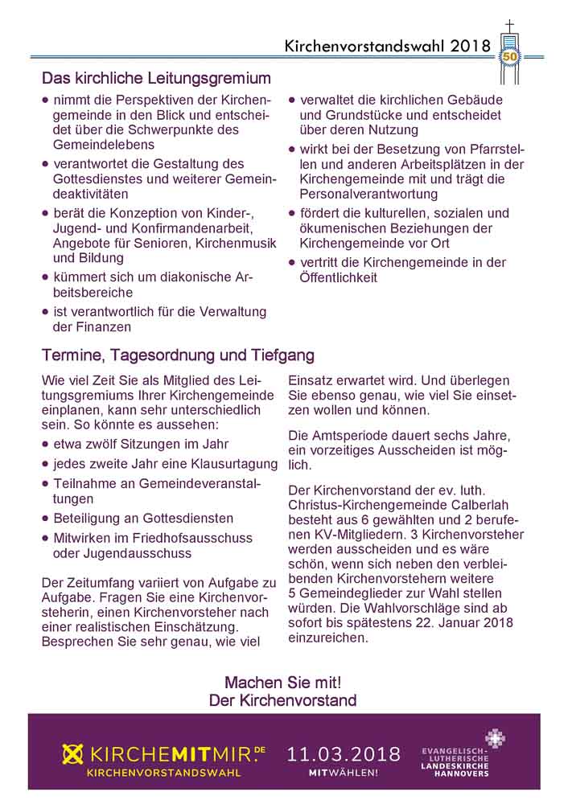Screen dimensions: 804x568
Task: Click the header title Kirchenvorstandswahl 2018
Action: point(387,47)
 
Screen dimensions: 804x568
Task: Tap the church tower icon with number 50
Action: point(509,53)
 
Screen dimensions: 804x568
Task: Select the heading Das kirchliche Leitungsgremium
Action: point(156,79)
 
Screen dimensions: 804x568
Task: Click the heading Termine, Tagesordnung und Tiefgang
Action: point(178,355)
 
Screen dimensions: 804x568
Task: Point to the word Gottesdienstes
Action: point(95,179)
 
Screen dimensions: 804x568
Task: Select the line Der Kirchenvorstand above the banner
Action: point(282,700)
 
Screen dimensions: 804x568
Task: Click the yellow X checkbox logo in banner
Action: point(74,754)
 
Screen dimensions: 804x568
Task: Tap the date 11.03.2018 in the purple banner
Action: point(344,753)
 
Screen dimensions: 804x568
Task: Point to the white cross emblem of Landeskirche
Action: point(496,738)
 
